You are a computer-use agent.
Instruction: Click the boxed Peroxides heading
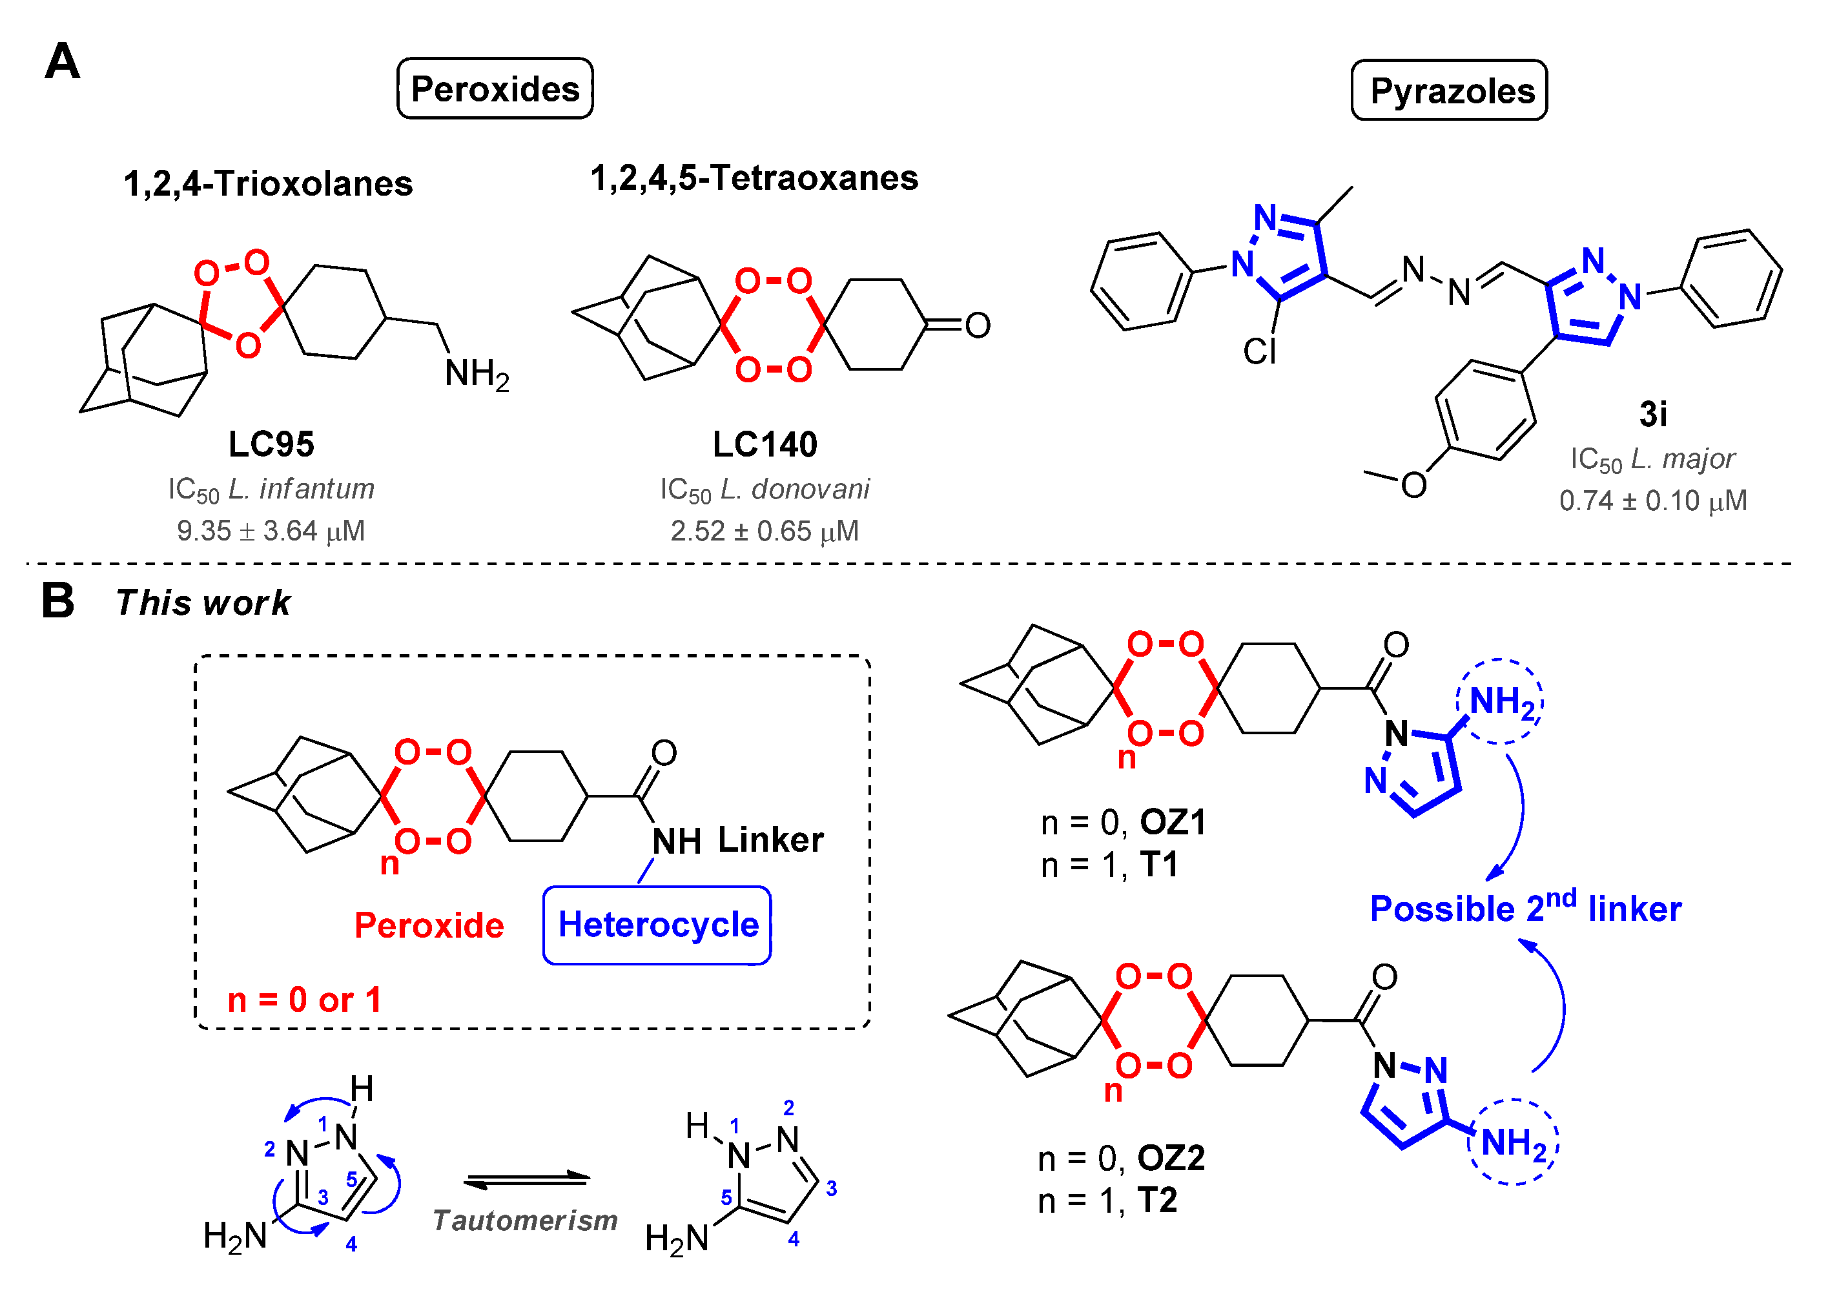[x=495, y=88]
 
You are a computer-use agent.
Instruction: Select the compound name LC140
[x=765, y=444]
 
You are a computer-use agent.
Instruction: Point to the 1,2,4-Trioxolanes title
[x=268, y=184]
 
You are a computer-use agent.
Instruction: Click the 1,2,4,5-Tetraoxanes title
[x=754, y=178]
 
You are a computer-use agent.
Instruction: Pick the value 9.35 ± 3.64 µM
[x=271, y=531]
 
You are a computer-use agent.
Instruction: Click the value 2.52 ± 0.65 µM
[x=765, y=531]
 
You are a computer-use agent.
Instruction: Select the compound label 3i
[x=1652, y=414]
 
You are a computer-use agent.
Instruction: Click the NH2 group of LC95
[x=476, y=374]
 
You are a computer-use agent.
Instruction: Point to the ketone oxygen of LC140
[x=977, y=325]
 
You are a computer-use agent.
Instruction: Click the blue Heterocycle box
[x=657, y=925]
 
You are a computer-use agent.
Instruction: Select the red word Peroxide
[x=429, y=925]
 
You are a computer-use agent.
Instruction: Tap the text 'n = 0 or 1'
[x=304, y=1000]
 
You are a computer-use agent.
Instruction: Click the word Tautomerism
[x=525, y=1221]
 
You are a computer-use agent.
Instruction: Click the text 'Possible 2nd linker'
[x=1525, y=908]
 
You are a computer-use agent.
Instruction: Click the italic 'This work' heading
[x=203, y=603]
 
